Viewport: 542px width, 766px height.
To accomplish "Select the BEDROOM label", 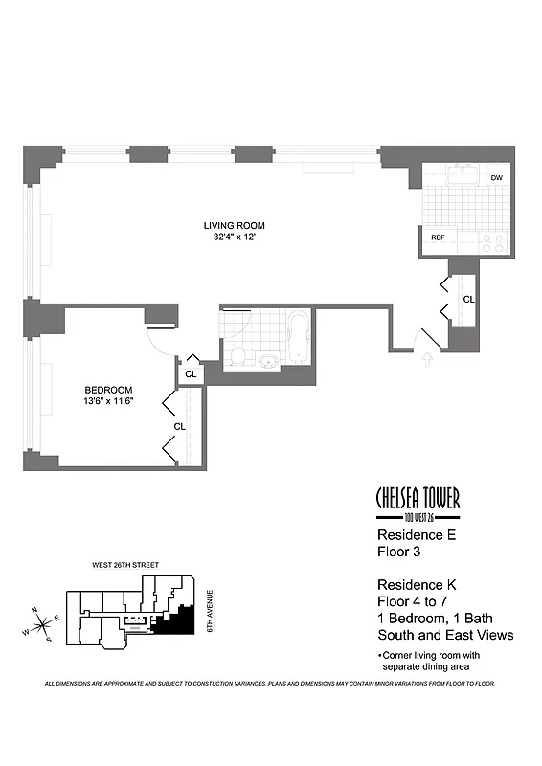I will (x=108, y=390).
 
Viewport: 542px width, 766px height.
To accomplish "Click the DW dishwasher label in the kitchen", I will (x=496, y=178).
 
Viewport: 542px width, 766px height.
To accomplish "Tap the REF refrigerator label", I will (x=438, y=237).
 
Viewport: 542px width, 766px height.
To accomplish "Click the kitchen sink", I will (x=465, y=173).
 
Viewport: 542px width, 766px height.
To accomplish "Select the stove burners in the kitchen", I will (x=494, y=241).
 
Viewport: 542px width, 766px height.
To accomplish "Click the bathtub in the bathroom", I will (x=297, y=338).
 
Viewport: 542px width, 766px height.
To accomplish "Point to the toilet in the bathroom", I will (x=237, y=355).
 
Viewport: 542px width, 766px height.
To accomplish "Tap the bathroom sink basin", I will (x=267, y=361).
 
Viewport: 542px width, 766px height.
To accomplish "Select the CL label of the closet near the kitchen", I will (x=468, y=300).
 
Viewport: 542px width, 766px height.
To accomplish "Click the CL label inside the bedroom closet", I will (x=179, y=426).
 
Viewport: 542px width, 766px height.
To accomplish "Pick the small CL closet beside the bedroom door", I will (x=191, y=373).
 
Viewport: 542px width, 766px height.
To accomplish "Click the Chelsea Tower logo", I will (x=417, y=500).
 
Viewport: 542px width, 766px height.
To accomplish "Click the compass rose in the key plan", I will (x=42, y=628).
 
